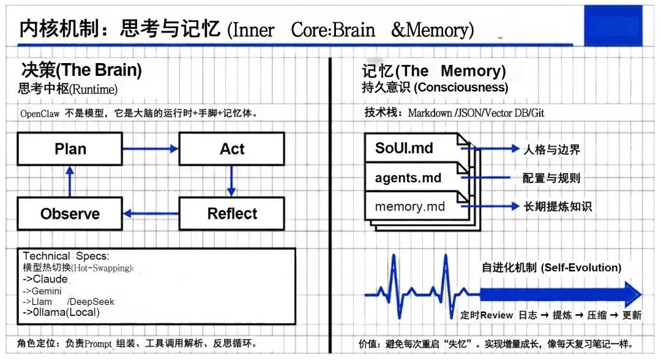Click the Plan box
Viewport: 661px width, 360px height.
point(70,149)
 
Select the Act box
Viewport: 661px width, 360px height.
point(231,149)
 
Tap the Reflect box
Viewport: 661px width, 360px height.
point(231,214)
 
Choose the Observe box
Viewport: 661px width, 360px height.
point(70,214)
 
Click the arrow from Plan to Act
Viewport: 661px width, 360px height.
point(151,149)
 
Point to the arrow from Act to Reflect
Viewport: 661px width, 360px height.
point(231,181)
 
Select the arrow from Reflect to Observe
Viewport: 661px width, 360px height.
point(151,214)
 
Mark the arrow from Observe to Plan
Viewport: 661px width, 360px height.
point(70,181)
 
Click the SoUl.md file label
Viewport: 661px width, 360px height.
point(405,149)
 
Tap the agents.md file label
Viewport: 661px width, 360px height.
point(408,179)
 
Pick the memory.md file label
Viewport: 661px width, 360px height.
point(409,206)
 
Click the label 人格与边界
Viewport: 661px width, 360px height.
point(551,149)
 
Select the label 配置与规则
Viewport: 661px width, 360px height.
point(551,178)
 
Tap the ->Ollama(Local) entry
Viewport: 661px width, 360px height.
point(61,312)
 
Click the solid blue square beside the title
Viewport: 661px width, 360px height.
point(613,26)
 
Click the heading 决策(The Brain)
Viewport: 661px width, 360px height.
point(81,70)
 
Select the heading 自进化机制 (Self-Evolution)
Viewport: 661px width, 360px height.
point(551,268)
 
